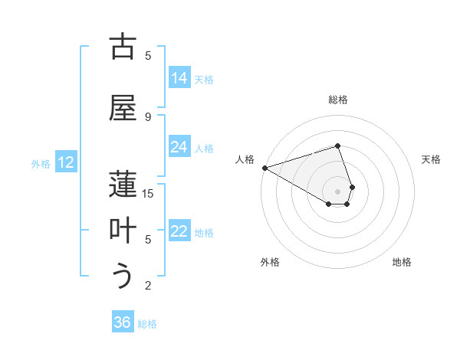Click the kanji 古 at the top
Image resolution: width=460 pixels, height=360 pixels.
(x=123, y=47)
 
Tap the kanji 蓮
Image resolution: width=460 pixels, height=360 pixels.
(x=123, y=185)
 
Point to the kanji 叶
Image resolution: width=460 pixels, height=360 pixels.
(x=123, y=231)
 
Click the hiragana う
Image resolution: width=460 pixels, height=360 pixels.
(x=123, y=276)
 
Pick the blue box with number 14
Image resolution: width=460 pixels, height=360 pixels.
(x=179, y=78)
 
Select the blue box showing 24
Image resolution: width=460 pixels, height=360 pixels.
(x=179, y=147)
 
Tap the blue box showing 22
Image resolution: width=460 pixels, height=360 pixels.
(x=179, y=232)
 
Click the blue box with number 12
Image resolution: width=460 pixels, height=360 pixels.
(x=66, y=162)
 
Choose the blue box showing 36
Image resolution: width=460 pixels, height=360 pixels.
(x=123, y=322)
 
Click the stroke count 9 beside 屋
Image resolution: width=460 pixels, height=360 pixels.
(x=148, y=116)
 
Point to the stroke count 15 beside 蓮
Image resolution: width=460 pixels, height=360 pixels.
(x=148, y=194)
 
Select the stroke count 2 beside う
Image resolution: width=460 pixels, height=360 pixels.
(x=148, y=286)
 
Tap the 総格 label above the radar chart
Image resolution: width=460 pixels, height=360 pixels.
(x=337, y=100)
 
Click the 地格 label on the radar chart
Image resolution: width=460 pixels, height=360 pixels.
(x=402, y=262)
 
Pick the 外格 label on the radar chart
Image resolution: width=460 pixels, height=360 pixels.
(x=270, y=262)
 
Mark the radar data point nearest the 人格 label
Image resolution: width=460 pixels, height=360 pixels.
(x=264, y=168)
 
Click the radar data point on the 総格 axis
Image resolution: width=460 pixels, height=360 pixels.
(x=337, y=146)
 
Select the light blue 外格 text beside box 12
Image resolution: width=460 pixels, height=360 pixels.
(x=40, y=163)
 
